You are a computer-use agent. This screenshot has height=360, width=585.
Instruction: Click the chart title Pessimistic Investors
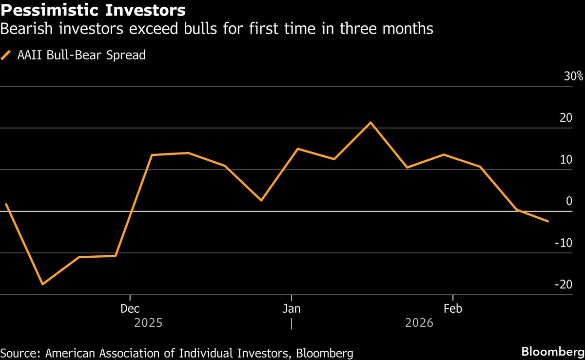coord(93,10)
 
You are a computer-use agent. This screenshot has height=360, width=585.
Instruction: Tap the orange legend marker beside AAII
coord(6,55)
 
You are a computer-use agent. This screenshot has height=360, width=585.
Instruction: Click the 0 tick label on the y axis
coord(568,201)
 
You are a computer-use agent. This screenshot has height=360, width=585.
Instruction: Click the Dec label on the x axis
coord(130,309)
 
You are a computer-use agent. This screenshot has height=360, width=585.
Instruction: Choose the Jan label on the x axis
coord(291,309)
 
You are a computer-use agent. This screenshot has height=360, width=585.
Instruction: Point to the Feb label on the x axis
coord(453,309)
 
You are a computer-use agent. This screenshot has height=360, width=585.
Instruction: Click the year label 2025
coord(149,323)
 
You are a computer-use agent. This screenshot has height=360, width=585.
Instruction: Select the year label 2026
coord(419,323)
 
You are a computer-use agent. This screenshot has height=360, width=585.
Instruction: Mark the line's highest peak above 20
coord(370,122)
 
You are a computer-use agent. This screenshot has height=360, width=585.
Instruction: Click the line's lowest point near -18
coord(42,284)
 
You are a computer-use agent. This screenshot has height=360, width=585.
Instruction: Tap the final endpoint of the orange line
coord(548,221)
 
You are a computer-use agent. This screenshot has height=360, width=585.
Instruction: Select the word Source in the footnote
coord(20,352)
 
